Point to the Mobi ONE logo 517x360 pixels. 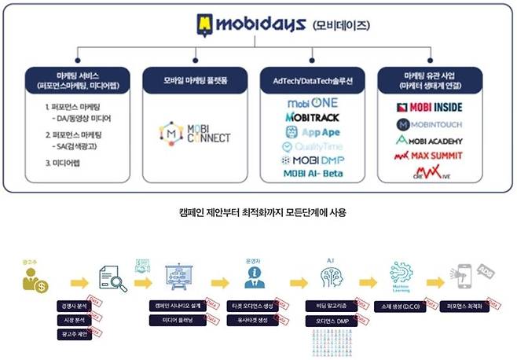312,103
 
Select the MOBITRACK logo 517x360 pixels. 313,117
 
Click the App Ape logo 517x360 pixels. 314,131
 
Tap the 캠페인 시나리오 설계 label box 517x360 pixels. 178,306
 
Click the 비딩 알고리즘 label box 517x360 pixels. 332,306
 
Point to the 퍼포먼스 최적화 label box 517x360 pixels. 470,306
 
